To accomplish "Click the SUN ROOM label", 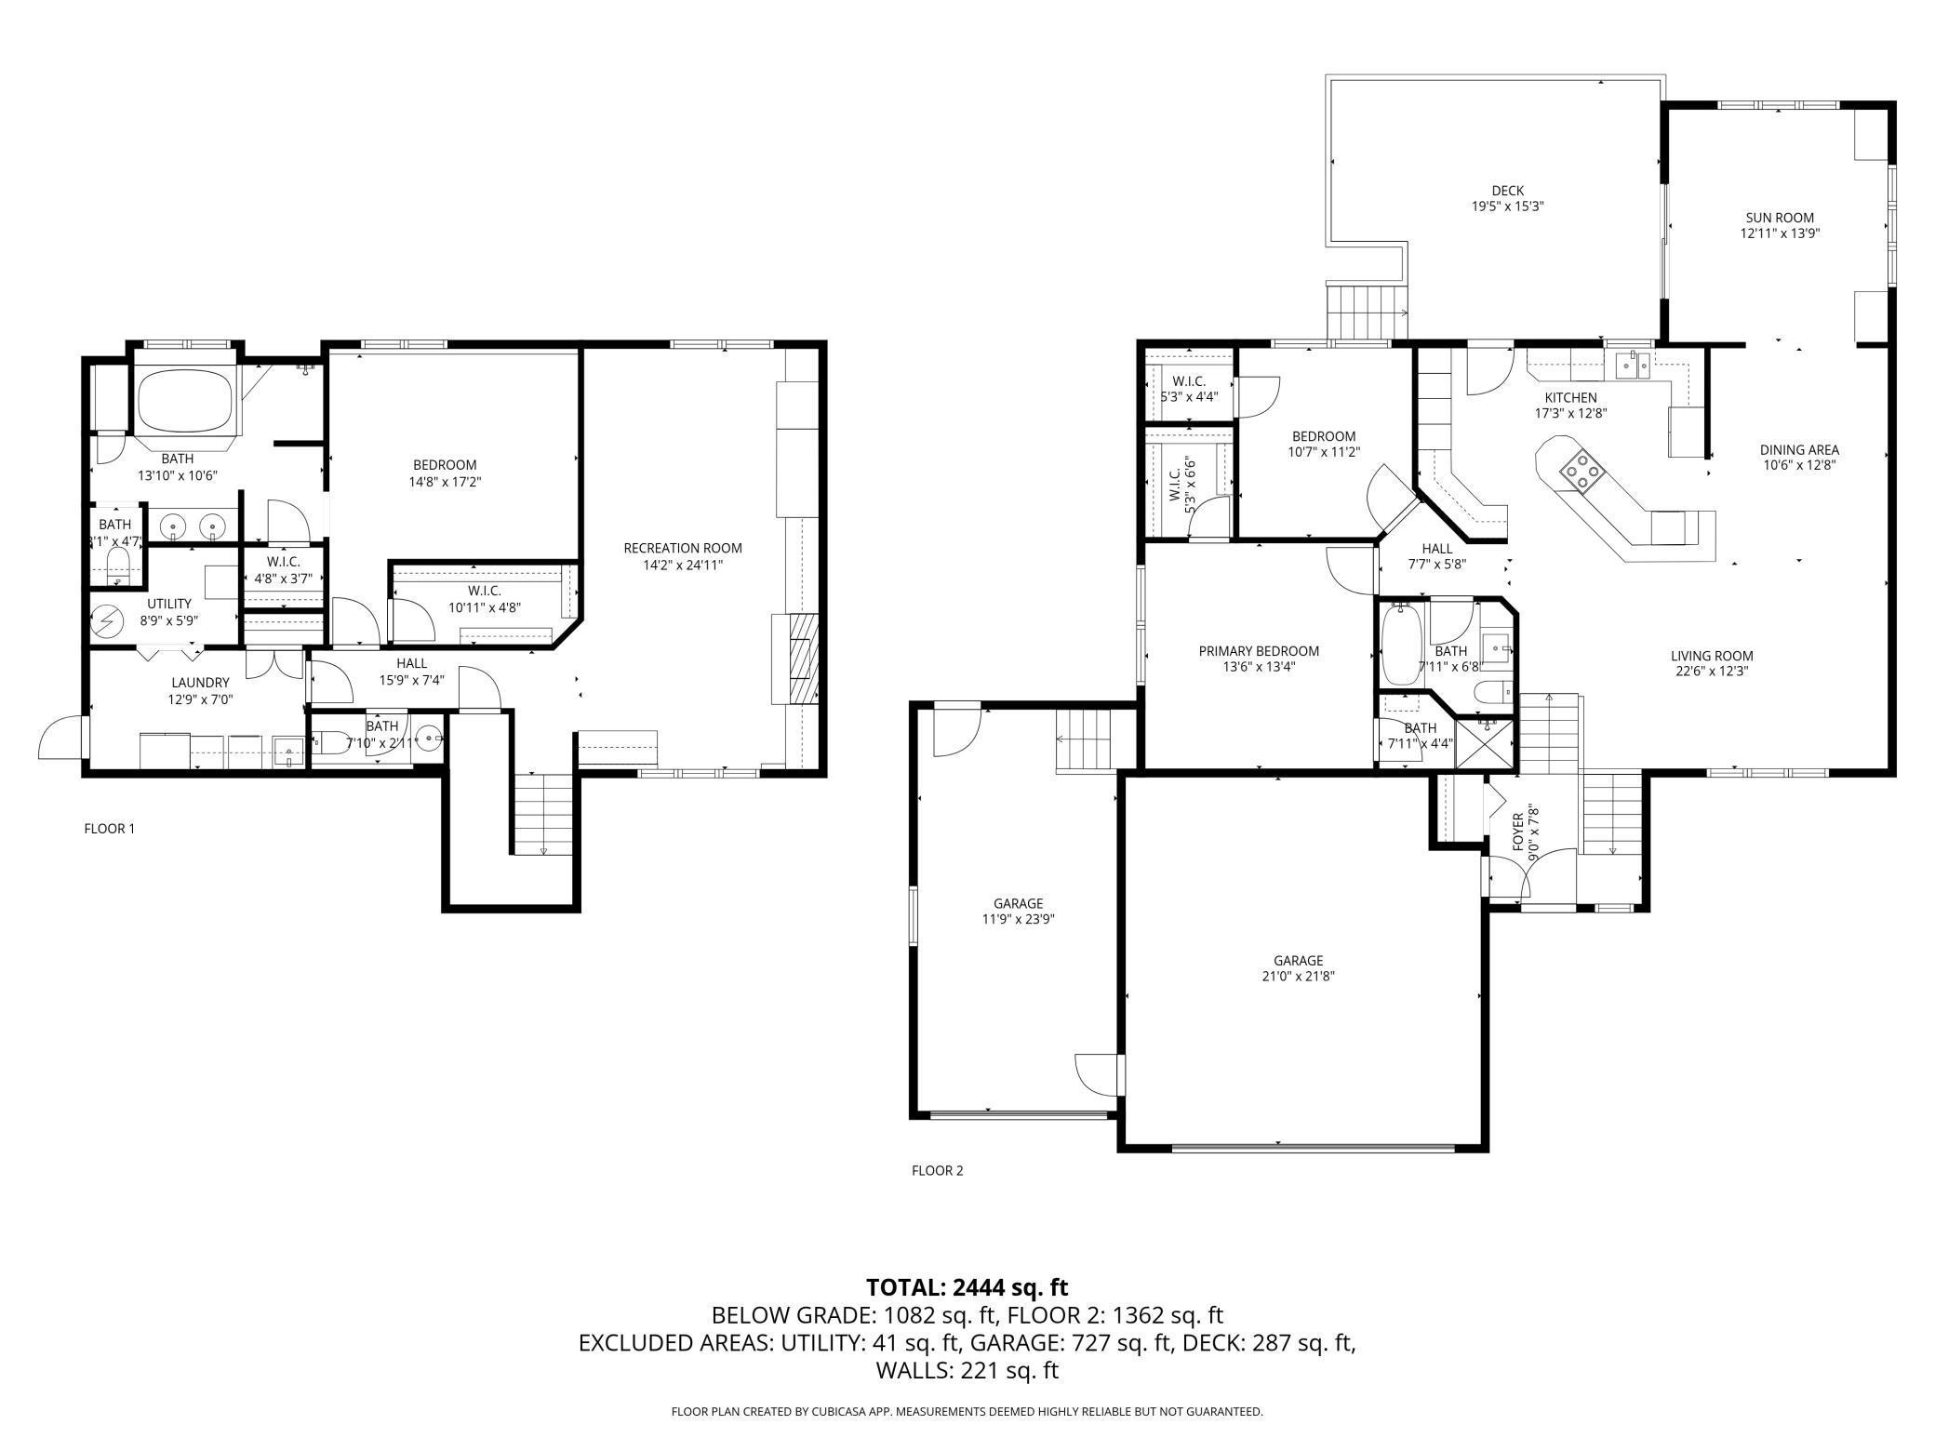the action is click(1779, 218).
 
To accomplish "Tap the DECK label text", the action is click(1507, 191).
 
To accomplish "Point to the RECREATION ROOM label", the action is click(683, 548).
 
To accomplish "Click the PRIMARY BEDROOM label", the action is click(1259, 651).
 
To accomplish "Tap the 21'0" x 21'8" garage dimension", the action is click(1298, 976).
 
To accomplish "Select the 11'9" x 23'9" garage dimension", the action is click(1018, 918).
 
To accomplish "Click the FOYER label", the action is click(1518, 831).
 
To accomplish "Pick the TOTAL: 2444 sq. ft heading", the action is click(967, 1287).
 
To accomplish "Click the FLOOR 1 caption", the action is click(110, 828).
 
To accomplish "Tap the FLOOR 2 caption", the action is click(937, 1170).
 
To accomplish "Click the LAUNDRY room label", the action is click(200, 682).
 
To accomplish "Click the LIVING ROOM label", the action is click(1712, 655).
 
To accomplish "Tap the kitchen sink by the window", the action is click(1633, 365).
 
